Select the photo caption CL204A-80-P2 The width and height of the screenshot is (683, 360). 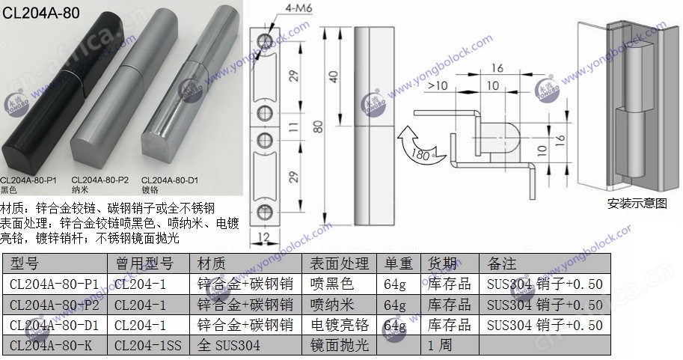[99, 180]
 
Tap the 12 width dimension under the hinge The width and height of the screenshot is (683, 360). [263, 237]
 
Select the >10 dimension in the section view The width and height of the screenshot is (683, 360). [438, 86]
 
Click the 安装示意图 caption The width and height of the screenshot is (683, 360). [637, 203]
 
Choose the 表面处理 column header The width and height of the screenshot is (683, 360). [339, 263]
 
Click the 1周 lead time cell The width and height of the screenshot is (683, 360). [441, 346]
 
